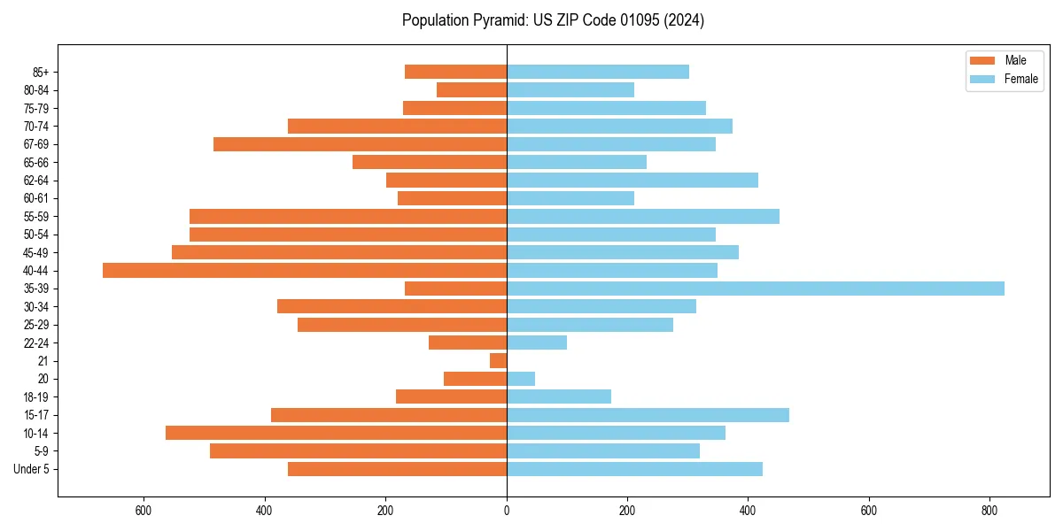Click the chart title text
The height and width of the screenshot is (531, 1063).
(553, 20)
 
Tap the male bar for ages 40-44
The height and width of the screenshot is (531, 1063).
(305, 270)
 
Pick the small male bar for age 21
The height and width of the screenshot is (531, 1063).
(498, 361)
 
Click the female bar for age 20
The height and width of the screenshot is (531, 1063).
(521, 379)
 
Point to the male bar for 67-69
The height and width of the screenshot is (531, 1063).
(360, 144)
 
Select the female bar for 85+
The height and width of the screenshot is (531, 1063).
(598, 72)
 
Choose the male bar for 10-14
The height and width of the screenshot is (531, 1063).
(336, 433)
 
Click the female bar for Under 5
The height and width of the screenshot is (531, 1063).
(634, 469)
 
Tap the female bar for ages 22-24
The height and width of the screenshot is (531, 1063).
(537, 342)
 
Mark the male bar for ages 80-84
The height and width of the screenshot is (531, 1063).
(471, 89)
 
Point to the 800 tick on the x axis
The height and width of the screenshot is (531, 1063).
(989, 511)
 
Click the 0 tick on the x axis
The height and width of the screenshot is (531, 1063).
(507, 511)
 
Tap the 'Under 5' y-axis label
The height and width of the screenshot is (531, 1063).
(32, 469)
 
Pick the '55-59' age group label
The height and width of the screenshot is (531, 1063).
(36, 217)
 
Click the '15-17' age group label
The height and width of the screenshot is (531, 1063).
(36, 415)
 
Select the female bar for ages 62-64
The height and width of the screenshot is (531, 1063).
(632, 181)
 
